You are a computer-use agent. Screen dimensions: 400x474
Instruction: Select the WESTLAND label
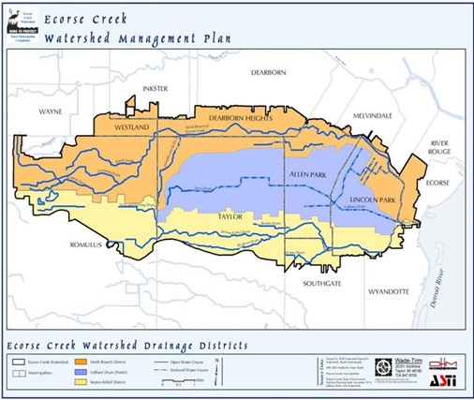tap(129, 124)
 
